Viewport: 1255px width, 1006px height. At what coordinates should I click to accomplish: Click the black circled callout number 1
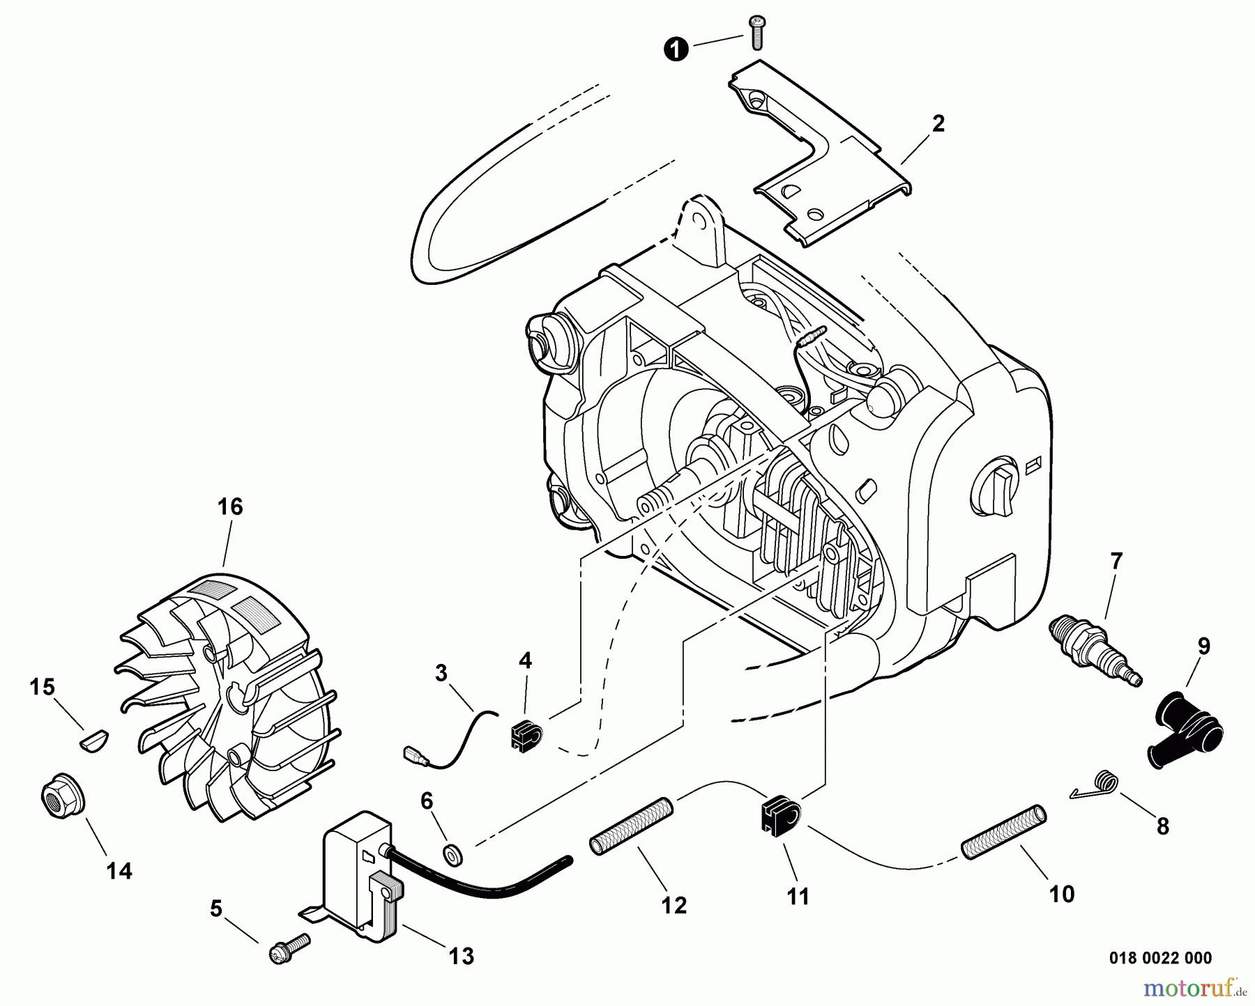(x=674, y=49)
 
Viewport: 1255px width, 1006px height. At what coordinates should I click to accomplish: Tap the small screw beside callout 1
(x=756, y=32)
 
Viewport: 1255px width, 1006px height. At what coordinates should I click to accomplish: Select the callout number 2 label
(x=938, y=124)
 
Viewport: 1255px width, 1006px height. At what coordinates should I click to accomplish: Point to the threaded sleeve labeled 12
(x=632, y=826)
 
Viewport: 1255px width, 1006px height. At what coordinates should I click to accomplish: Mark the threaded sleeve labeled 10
(x=1004, y=833)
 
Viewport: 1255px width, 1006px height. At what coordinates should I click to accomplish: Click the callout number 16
(x=230, y=507)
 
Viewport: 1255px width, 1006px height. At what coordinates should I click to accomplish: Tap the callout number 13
(x=462, y=957)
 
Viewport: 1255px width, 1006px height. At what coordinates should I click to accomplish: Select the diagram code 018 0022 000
(x=1159, y=959)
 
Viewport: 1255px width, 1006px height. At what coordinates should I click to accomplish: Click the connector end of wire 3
(x=411, y=754)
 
